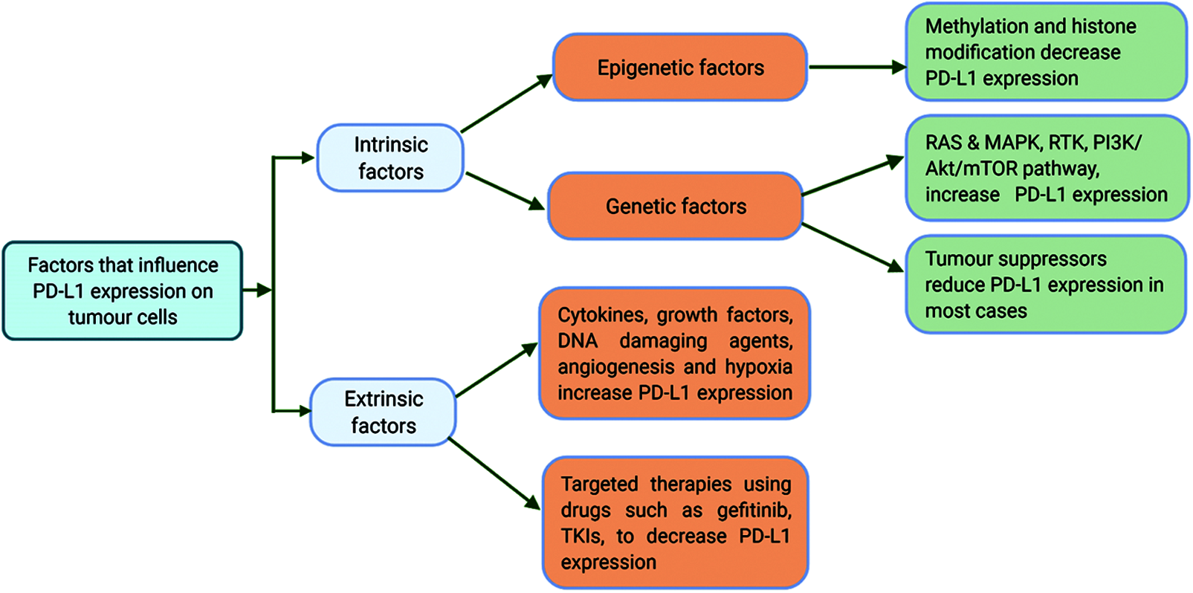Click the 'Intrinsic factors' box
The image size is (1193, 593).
coord(390,158)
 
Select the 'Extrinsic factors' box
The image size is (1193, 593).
coord(384,412)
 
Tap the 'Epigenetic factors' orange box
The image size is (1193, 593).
coord(680,68)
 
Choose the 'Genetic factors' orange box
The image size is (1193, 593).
coord(676,206)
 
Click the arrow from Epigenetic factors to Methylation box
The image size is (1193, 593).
coord(858,67)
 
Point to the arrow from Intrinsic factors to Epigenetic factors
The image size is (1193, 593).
coord(506,103)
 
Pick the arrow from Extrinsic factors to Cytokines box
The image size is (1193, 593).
coord(497,370)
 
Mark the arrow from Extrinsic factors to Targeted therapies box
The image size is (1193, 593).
coord(495,473)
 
